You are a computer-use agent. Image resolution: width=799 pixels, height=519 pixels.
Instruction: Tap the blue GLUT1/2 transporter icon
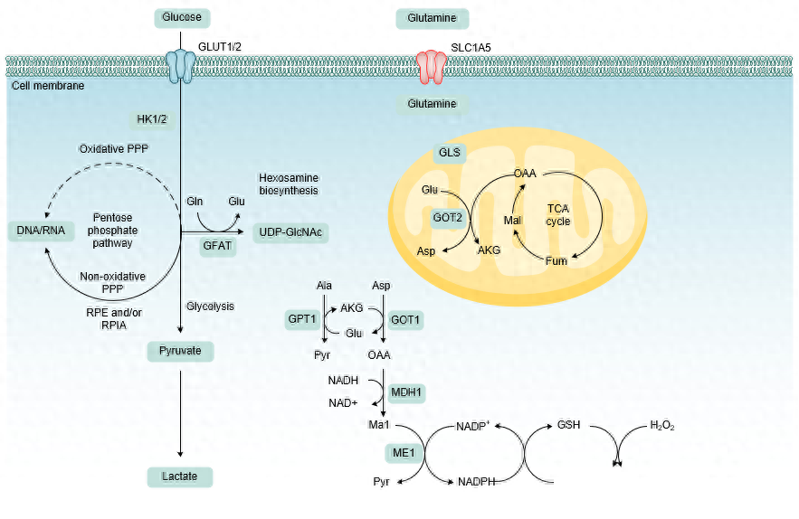point(181,63)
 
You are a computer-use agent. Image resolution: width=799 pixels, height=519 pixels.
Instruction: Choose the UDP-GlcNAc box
point(291,231)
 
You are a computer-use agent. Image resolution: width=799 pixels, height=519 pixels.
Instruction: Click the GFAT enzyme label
point(217,246)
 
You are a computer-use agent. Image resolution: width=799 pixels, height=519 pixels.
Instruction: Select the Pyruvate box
point(181,350)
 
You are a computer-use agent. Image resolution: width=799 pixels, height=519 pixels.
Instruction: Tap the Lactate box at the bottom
point(181,476)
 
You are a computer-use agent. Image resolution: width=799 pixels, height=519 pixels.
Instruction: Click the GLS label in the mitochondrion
point(450,153)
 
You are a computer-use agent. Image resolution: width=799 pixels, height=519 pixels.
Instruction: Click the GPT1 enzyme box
point(301,319)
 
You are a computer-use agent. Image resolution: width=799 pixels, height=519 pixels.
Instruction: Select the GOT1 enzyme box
point(405,319)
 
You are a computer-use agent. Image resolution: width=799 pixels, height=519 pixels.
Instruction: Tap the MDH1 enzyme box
point(406,392)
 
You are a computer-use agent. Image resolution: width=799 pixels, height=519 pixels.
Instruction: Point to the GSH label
point(568,425)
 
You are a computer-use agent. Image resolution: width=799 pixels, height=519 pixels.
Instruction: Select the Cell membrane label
point(48,86)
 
